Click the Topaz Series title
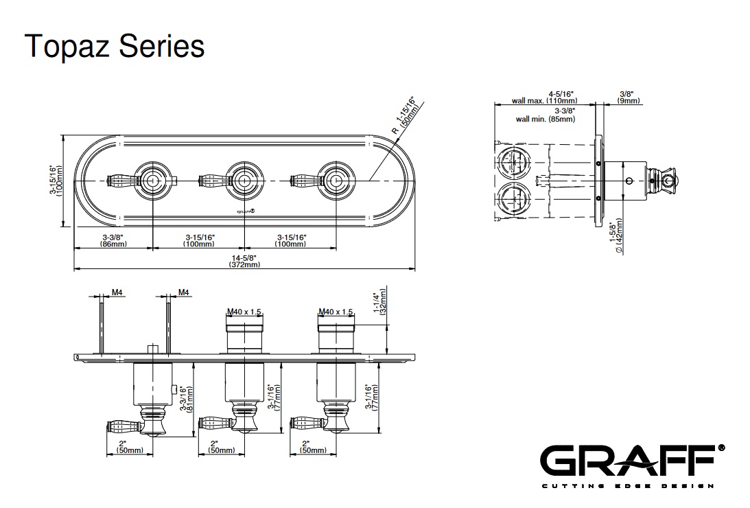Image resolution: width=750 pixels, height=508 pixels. [x=115, y=47]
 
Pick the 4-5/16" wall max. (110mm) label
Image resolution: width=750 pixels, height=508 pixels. [x=542, y=97]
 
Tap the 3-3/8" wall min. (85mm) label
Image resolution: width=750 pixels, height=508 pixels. [x=546, y=114]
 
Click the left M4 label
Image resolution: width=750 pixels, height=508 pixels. [x=117, y=293]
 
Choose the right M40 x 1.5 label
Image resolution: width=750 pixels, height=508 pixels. [x=336, y=312]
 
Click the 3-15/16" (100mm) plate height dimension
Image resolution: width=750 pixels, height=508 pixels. [x=56, y=181]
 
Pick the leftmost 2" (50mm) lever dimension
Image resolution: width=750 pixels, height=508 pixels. [x=129, y=447]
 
